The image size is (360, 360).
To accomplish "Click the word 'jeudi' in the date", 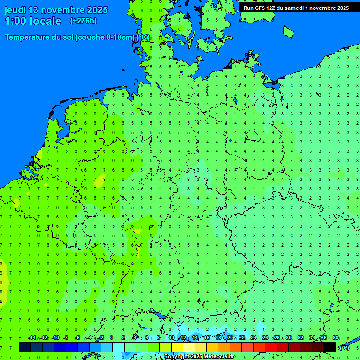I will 15,10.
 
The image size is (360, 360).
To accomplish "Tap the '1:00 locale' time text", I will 33,21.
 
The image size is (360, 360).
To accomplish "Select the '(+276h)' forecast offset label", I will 83,21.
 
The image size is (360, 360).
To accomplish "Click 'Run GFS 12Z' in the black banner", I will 260,7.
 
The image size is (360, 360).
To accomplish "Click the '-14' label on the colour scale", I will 31,338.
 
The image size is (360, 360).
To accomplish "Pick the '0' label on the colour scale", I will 112,338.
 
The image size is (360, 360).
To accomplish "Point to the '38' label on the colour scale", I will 336,338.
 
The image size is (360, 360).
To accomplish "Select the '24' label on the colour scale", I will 253,338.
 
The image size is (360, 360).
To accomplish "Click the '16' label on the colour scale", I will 206,338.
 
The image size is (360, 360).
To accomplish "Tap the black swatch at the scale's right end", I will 330,347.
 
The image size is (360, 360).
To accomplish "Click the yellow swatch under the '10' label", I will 177,347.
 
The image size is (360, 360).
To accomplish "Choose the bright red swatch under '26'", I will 271,347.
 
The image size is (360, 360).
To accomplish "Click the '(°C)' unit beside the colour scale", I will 345,347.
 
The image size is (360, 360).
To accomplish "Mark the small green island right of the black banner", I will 288,31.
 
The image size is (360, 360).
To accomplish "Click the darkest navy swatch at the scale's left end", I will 25,347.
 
